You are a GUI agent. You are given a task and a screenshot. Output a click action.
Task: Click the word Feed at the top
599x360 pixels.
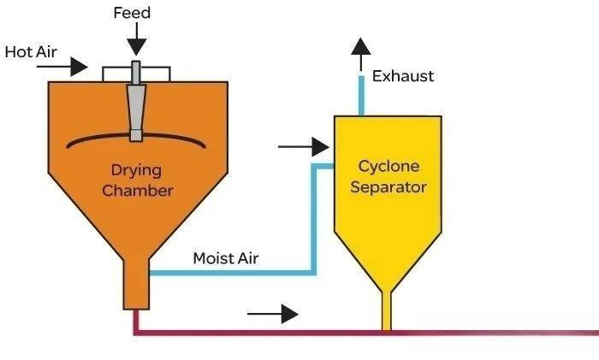(133, 14)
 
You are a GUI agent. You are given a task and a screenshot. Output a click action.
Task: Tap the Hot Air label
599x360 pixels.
(31, 51)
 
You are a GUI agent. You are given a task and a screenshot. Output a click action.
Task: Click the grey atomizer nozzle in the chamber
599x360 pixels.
(135, 103)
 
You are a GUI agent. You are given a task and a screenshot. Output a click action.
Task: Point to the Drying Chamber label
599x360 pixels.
(138, 179)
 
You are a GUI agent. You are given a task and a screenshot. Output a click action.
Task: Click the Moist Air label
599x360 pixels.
(226, 257)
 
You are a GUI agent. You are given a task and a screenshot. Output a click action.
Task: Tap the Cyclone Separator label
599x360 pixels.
(388, 176)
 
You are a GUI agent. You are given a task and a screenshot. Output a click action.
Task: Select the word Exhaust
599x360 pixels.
(403, 76)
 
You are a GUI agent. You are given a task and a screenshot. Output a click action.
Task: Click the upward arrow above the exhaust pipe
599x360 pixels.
(361, 53)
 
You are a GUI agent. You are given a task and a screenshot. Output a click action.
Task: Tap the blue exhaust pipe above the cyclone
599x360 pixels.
(363, 96)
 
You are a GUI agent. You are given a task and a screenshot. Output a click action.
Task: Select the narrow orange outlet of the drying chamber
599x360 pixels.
(135, 286)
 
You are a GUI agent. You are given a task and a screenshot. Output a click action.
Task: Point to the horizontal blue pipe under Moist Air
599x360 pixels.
(231, 273)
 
